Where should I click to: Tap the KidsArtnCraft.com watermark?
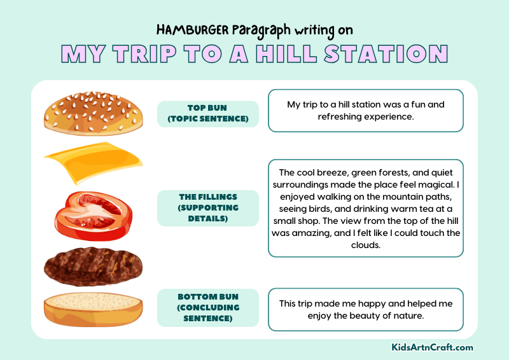tap(432, 347)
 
